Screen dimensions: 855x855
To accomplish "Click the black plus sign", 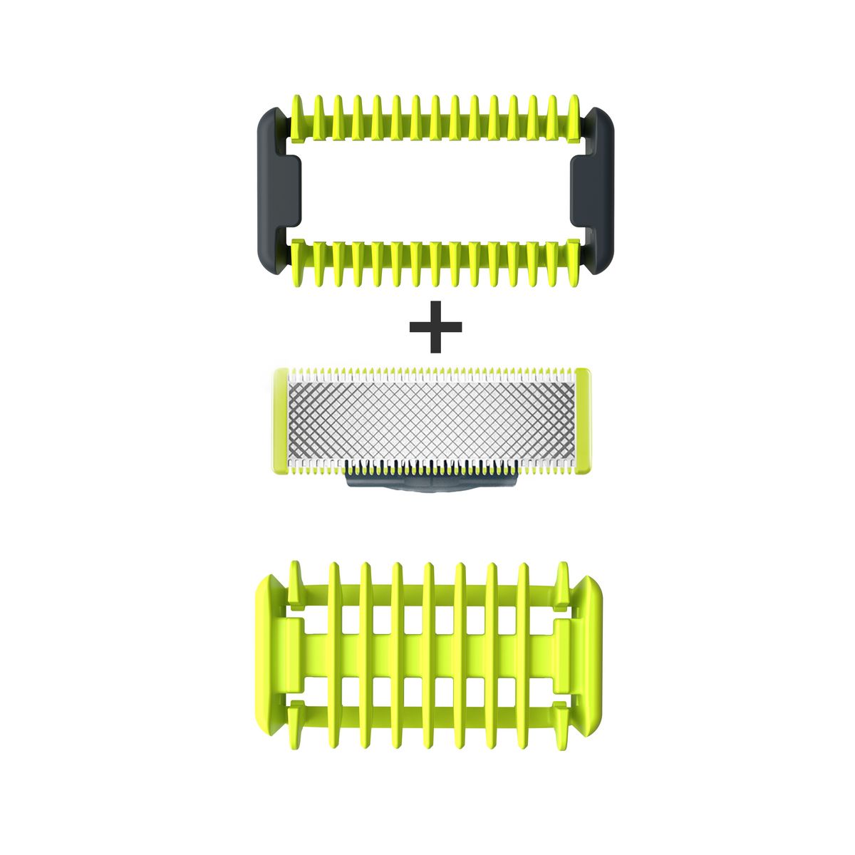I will pos(436,326).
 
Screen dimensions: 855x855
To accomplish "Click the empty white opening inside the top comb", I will pos(435,190).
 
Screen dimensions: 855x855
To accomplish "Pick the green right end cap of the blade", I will pos(583,420).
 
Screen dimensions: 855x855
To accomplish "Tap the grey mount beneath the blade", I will pos(431,483).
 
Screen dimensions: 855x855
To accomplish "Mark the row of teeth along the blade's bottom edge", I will pos(432,467).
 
